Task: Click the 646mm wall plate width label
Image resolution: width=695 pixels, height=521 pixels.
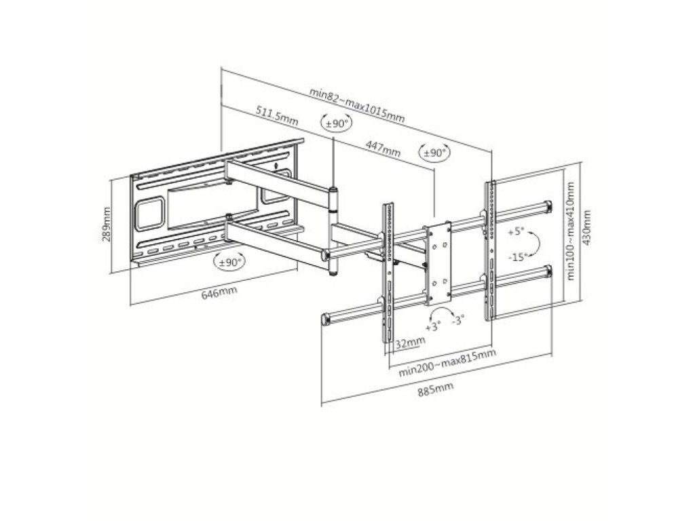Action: coord(219,292)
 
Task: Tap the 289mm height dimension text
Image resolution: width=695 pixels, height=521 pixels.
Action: coord(107,224)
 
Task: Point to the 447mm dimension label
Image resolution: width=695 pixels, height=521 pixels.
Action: coord(383,148)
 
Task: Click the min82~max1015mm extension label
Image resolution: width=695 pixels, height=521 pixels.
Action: coord(357,104)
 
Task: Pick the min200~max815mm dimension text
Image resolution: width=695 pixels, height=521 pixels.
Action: coord(447,362)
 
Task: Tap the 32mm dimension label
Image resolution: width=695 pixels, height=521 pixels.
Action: coord(410,342)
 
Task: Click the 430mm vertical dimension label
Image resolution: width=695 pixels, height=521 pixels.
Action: coord(586,227)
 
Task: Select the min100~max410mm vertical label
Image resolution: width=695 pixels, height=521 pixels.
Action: coord(570,231)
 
